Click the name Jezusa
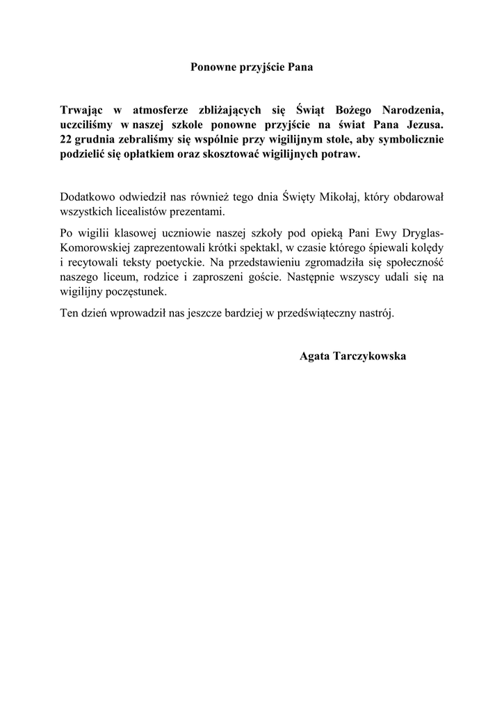(424, 125)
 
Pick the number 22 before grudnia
(66, 140)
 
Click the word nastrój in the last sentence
(375, 314)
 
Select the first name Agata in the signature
(315, 357)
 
